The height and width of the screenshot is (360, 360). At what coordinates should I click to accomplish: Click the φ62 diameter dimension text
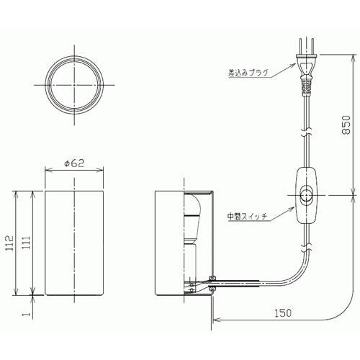pyautogui.click(x=75, y=163)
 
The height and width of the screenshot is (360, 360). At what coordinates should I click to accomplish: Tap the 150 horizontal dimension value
pyautogui.click(x=283, y=314)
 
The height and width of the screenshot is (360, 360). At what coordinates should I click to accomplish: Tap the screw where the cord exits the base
pyautogui.click(x=212, y=279)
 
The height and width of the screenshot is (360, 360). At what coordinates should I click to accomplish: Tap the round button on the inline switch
pyautogui.click(x=305, y=194)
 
